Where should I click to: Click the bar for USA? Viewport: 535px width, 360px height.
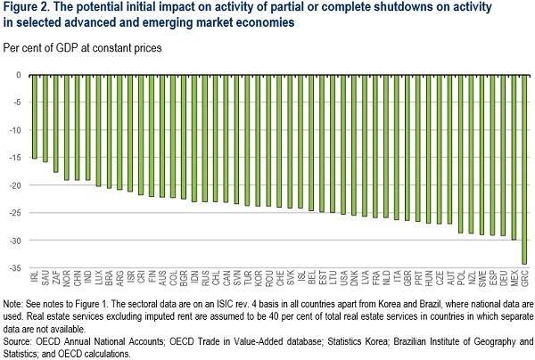pos(343,143)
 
